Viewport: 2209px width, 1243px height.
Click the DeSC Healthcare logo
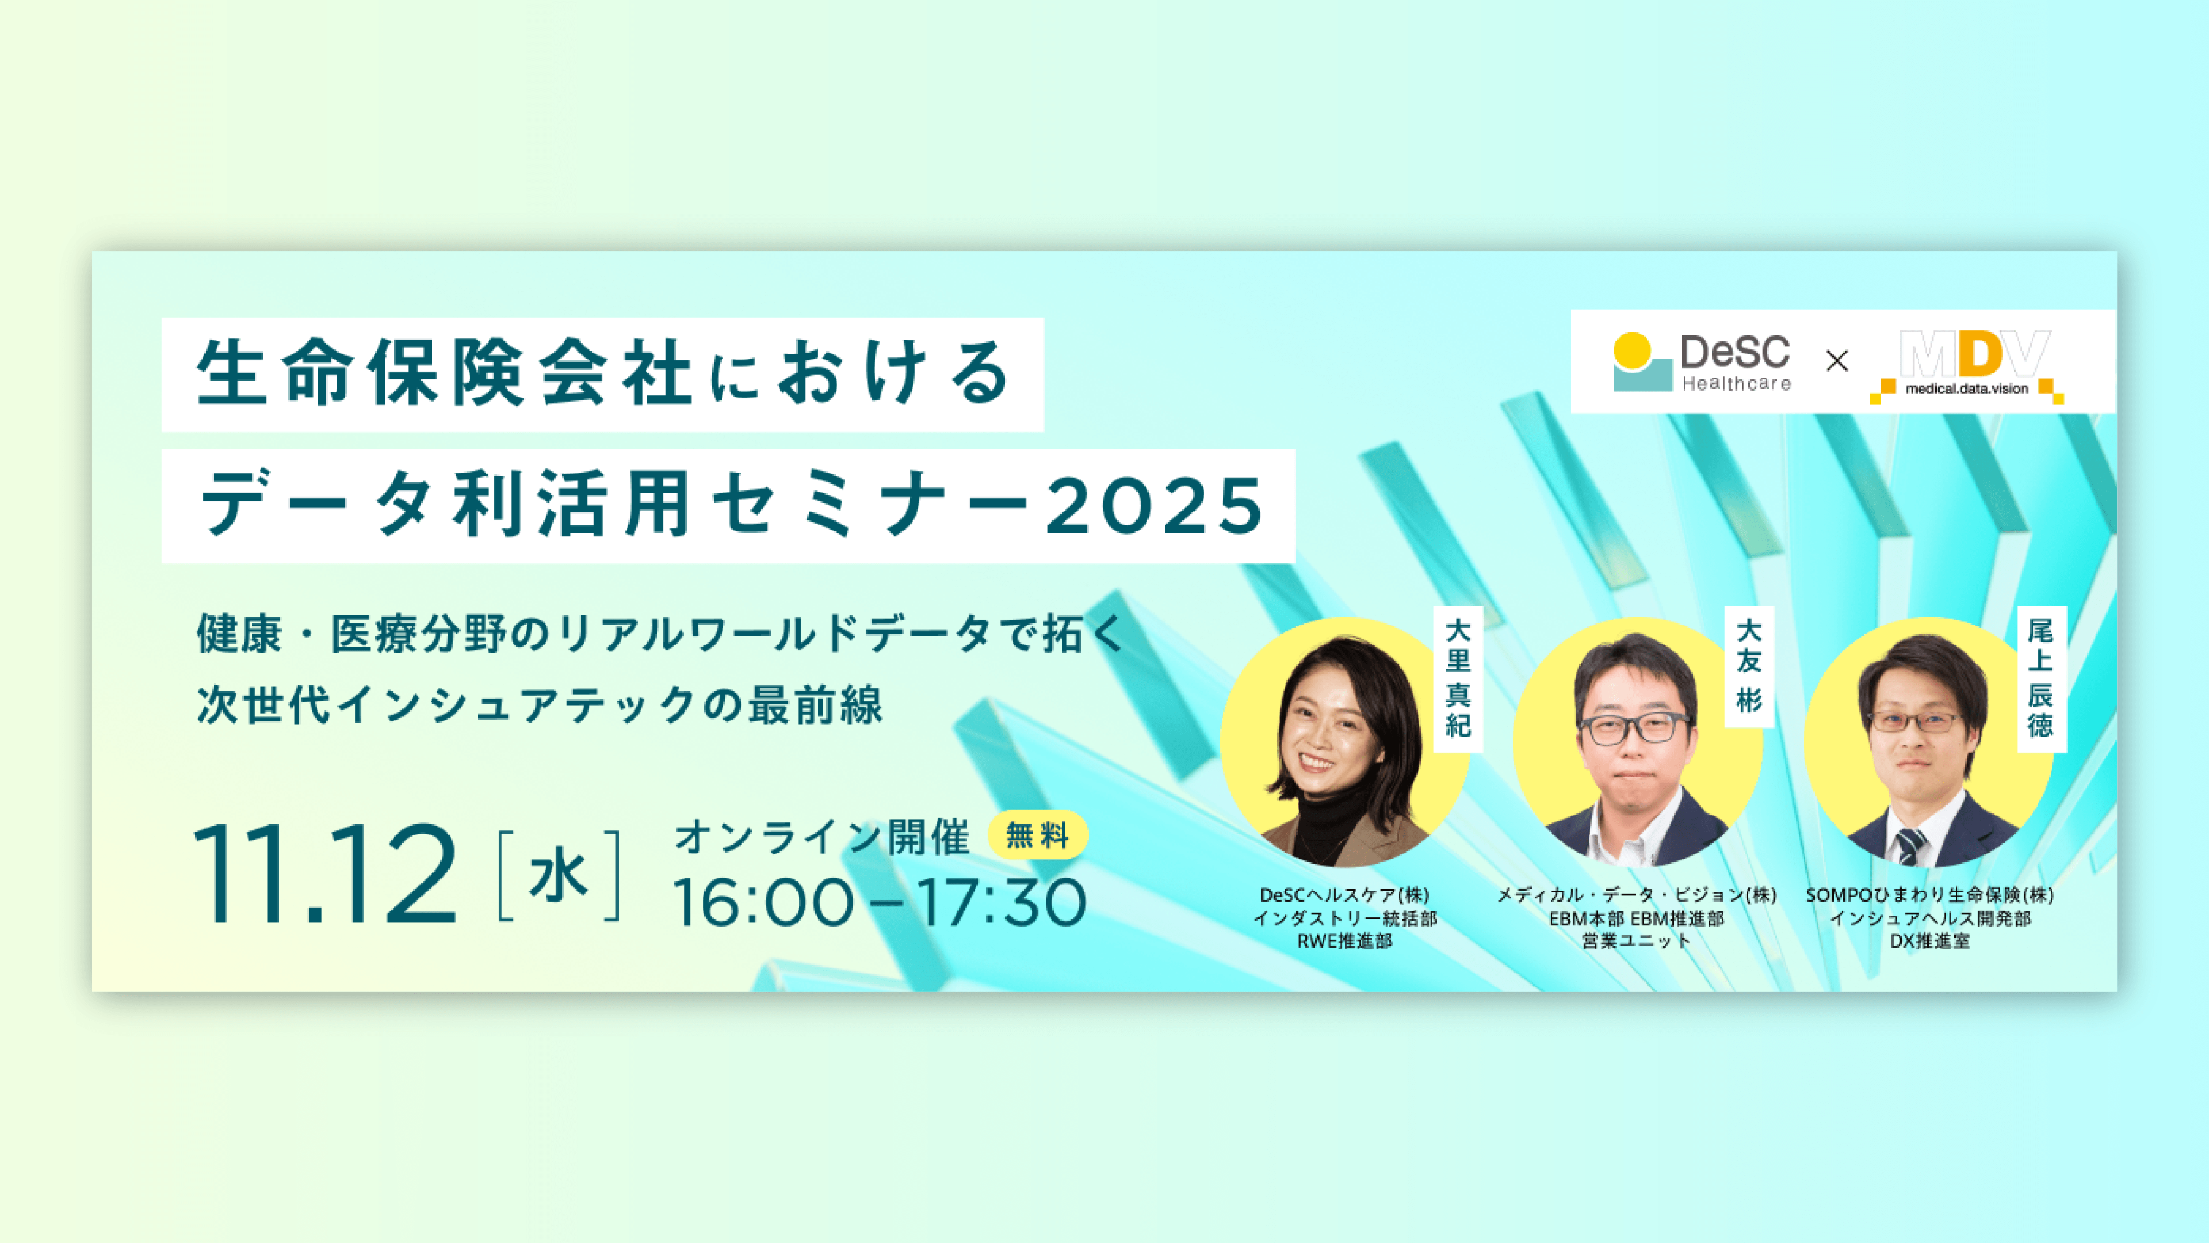click(1702, 362)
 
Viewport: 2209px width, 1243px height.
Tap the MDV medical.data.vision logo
click(1967, 365)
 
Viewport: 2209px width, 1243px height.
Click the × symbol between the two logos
click(1837, 361)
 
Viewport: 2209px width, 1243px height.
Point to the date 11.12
click(324, 874)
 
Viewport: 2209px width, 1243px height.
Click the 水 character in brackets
click(558, 876)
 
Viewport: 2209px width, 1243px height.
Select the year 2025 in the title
click(1154, 505)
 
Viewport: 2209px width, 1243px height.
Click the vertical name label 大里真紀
click(1458, 678)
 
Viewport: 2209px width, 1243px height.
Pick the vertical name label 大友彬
click(1749, 666)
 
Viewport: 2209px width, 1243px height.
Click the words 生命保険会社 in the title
click(444, 374)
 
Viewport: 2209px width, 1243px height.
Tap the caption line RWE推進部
click(1344, 941)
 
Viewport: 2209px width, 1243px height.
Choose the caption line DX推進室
click(1929, 941)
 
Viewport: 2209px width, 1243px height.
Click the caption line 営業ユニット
click(1636, 941)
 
